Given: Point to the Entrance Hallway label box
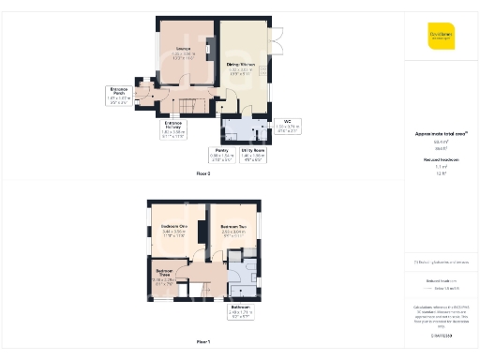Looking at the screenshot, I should pos(173,130).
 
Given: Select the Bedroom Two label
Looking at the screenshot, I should pos(234,230).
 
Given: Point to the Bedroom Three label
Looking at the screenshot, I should pos(162,276).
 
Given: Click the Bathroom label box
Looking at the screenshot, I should pos(240,311).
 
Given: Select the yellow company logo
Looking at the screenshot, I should pos(442,35).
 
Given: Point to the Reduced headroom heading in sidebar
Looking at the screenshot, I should pos(442,160).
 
